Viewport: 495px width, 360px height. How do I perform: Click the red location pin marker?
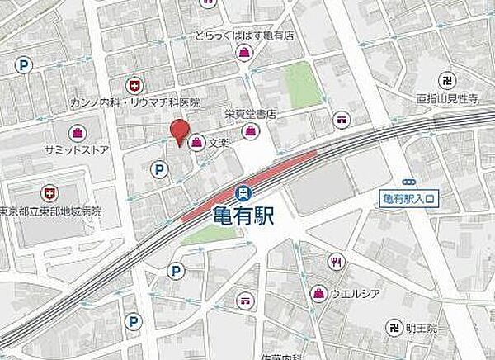click(178, 130)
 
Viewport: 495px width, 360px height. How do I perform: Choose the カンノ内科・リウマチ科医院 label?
click(158, 103)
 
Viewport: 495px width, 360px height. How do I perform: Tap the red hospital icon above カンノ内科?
click(133, 84)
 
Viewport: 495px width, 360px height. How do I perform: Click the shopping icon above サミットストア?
click(77, 132)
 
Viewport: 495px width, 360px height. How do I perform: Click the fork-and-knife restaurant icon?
click(336, 264)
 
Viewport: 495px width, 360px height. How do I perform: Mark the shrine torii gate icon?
click(342, 120)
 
